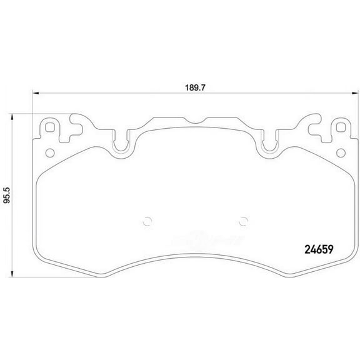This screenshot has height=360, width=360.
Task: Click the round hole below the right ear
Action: pos(340,154)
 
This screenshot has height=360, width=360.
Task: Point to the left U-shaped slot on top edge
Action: pos(121,144)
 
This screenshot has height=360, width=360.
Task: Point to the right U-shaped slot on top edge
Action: pos(270,144)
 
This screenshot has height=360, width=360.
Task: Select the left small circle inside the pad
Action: pos(147,219)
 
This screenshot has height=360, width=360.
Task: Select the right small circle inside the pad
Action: pos(244,219)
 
